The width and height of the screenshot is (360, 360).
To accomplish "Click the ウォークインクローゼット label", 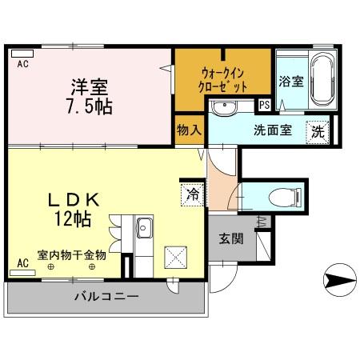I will [224, 79].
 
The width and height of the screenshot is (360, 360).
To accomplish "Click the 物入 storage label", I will [188, 130].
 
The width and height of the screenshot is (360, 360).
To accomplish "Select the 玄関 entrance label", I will [233, 238].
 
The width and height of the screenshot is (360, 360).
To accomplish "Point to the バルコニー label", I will [107, 298].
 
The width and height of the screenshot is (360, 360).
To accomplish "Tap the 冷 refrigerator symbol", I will [192, 192].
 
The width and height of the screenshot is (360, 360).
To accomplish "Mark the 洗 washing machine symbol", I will [318, 131].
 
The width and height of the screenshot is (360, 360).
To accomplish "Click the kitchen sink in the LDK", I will [144, 229].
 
